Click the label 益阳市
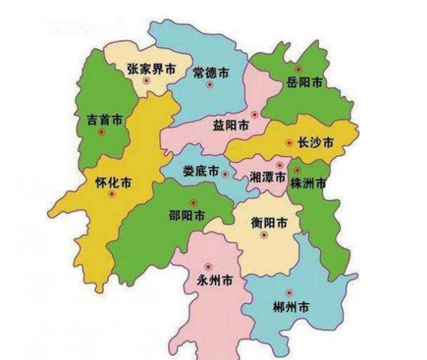[231, 125]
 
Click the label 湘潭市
[268, 176]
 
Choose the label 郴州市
[290, 307]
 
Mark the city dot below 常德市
[210, 85]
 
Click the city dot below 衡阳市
[263, 235]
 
